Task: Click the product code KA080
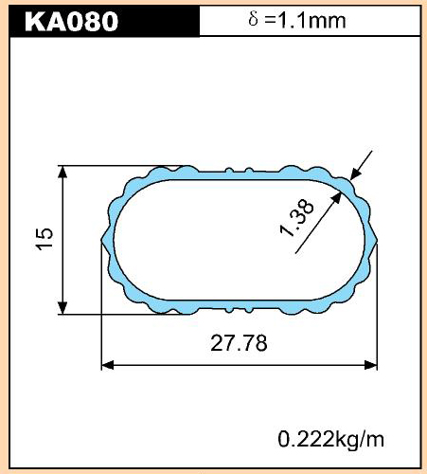(x=71, y=22)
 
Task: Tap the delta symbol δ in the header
(x=253, y=19)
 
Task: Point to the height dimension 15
(x=44, y=239)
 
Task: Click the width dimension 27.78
(x=239, y=343)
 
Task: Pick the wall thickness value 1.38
(x=297, y=218)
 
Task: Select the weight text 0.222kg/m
(x=331, y=440)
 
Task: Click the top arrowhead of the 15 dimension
(x=62, y=172)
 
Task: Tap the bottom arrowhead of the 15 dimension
(x=62, y=308)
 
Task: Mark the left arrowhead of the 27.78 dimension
(x=107, y=365)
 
